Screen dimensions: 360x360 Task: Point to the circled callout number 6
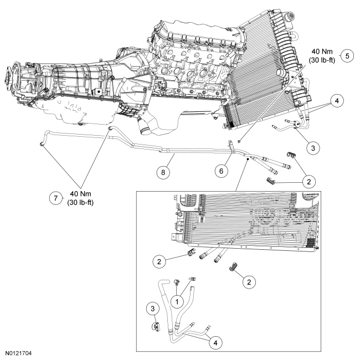pos(220,171)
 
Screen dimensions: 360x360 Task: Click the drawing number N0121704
pos(21,351)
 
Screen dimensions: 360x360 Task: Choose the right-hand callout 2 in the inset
pos(250,281)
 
